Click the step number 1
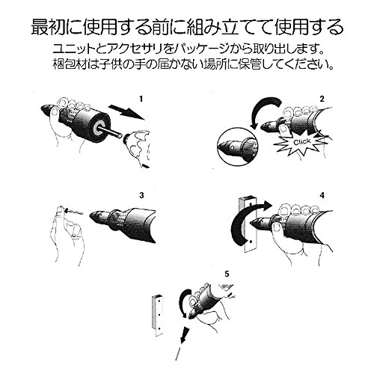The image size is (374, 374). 141,99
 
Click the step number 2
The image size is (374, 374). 322,99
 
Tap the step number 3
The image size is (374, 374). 141,195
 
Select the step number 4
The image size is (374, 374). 322,195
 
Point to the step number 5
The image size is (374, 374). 227,274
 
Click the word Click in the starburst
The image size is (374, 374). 302,142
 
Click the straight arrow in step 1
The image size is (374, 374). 126,112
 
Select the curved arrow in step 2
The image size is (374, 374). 264,110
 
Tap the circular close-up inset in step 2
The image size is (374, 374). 238,147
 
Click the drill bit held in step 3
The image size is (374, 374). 74,212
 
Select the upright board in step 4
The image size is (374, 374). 248,224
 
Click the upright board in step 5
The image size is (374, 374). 157,315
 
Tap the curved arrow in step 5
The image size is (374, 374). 185,303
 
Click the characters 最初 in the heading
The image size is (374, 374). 48,26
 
